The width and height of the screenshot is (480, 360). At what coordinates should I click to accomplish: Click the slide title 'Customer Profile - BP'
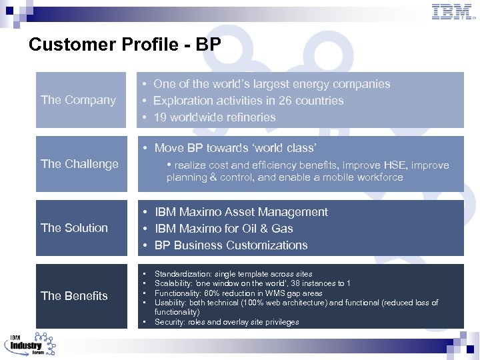[125, 45]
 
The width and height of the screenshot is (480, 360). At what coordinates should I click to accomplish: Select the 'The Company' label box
[81, 100]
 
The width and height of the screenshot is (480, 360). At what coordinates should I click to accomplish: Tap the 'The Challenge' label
[81, 164]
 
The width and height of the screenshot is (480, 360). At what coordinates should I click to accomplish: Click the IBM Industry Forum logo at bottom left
[30, 343]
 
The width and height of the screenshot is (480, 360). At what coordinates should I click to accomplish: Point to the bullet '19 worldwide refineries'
[214, 117]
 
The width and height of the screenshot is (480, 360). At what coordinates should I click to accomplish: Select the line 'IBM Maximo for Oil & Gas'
[223, 229]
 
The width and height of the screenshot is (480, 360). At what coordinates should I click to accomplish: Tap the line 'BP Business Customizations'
[231, 245]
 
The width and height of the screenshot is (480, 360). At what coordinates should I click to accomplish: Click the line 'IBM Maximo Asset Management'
[241, 212]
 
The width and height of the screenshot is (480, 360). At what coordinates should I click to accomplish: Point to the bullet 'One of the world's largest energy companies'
[271, 84]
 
